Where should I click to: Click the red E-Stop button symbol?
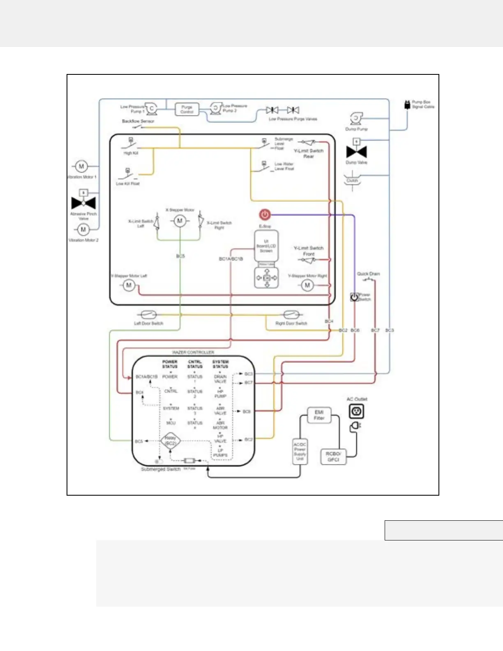pyautogui.click(x=265, y=215)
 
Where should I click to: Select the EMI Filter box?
pyautogui.click(x=319, y=415)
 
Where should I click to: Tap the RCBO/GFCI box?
pyautogui.click(x=333, y=457)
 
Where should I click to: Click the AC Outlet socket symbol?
pyautogui.click(x=356, y=411)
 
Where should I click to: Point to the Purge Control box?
pyautogui.click(x=187, y=109)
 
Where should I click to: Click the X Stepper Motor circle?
pyautogui.click(x=180, y=221)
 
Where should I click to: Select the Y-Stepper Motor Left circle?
pyautogui.click(x=129, y=285)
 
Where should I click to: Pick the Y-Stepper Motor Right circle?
pyautogui.click(x=307, y=285)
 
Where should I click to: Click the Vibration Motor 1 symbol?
pyautogui.click(x=81, y=166)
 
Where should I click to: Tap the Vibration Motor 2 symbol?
pyautogui.click(x=83, y=229)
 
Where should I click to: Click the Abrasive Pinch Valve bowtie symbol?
pyautogui.click(x=83, y=203)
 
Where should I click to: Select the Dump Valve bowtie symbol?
pyautogui.click(x=356, y=152)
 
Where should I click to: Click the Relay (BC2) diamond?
pyautogui.click(x=170, y=441)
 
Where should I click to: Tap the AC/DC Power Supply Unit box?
pyautogui.click(x=300, y=452)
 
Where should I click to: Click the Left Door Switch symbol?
pyautogui.click(x=148, y=315)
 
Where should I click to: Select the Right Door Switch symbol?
pyautogui.click(x=291, y=315)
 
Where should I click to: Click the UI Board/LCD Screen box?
pyautogui.click(x=266, y=246)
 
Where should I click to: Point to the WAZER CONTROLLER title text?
pyautogui.click(x=193, y=353)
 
